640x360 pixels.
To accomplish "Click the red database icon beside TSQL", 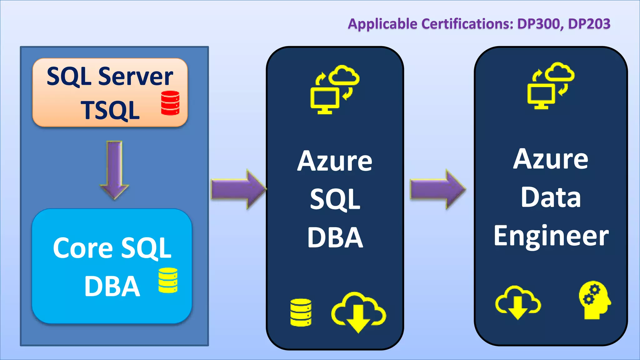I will [x=170, y=103].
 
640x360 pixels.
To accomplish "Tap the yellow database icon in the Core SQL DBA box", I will [x=168, y=280].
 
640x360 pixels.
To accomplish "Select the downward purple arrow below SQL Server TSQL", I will [x=114, y=170].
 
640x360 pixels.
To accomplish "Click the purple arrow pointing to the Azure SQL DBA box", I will [x=238, y=189].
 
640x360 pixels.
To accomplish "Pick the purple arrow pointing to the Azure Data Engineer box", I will [x=437, y=189].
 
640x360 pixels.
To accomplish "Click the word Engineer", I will [x=551, y=236].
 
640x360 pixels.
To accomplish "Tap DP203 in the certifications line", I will [x=589, y=24].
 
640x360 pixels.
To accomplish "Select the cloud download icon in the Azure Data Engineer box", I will [x=518, y=302].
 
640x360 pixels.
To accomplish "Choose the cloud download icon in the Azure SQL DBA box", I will [x=358, y=312].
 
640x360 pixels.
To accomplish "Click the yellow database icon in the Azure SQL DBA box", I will [x=301, y=312].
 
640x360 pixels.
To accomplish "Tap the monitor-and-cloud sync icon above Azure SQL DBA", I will [x=334, y=90].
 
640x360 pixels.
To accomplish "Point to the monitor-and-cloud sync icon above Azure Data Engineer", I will [x=551, y=86].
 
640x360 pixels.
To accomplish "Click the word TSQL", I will [x=110, y=111].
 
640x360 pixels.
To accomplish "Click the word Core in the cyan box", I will [x=83, y=248].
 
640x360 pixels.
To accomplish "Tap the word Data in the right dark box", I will [x=551, y=197].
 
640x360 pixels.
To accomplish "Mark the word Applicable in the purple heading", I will [x=382, y=24].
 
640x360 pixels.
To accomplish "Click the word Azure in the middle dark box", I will [x=334, y=162].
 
